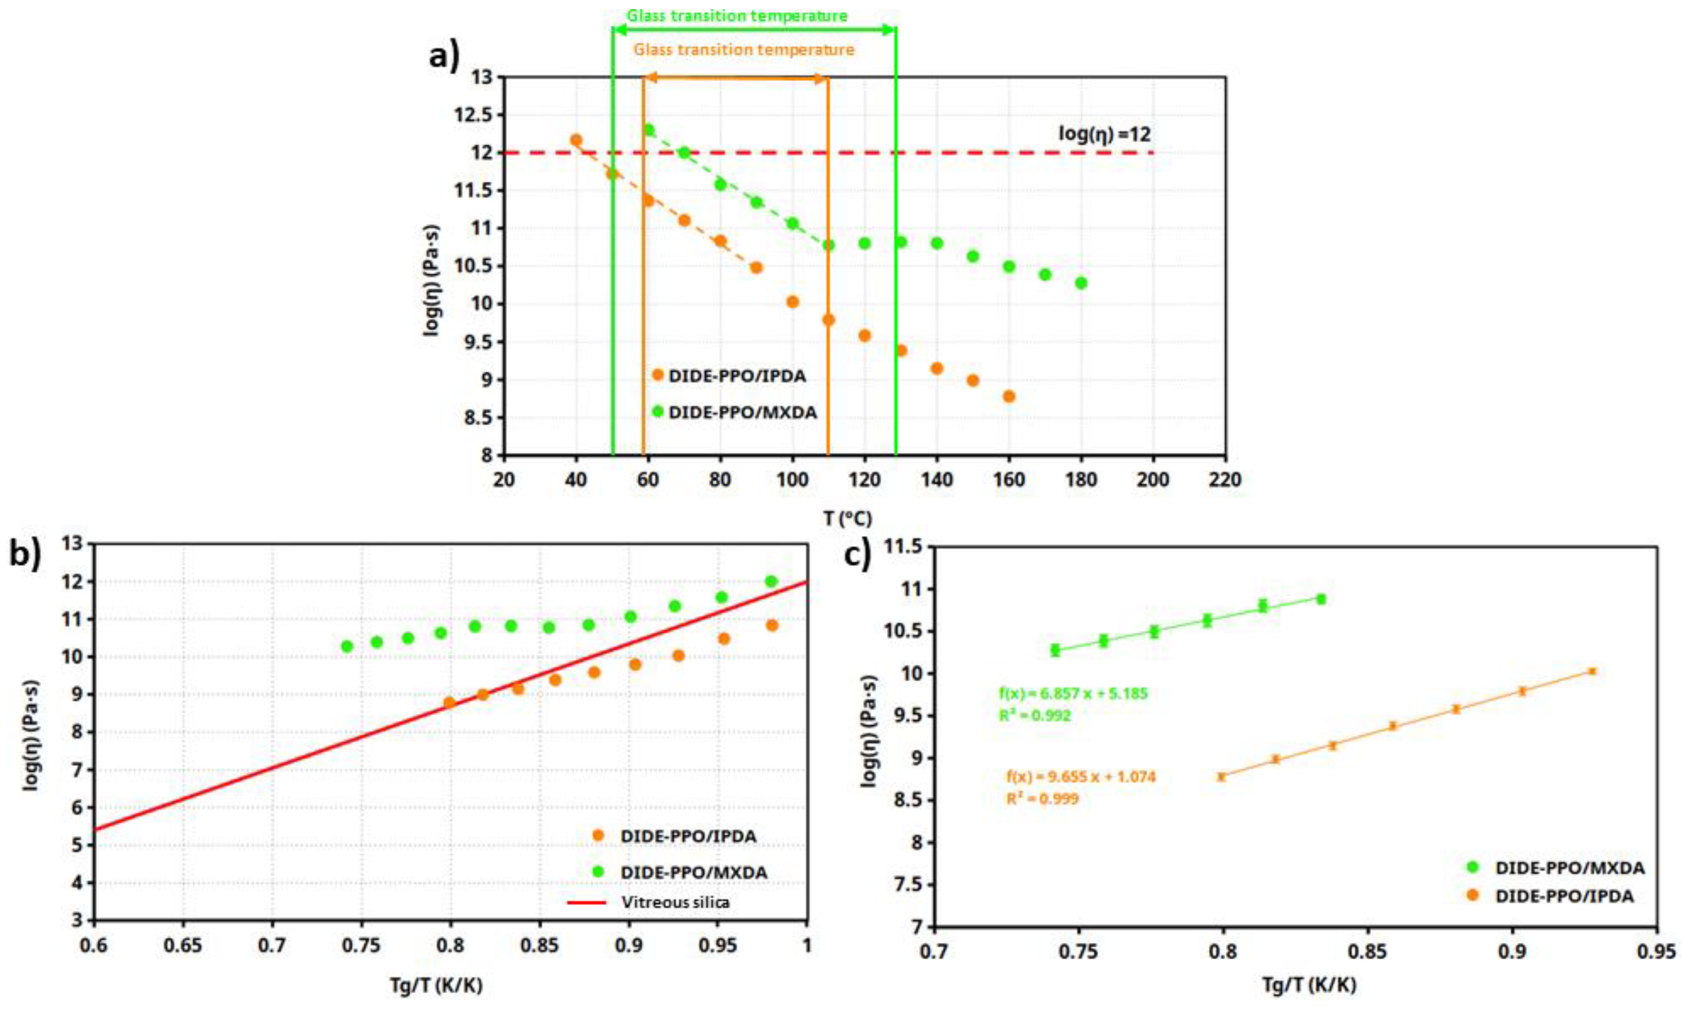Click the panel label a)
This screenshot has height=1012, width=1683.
click(444, 55)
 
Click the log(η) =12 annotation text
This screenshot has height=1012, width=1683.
click(1104, 134)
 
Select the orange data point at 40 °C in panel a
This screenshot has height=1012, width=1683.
click(576, 140)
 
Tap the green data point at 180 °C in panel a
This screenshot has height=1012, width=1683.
click(1081, 283)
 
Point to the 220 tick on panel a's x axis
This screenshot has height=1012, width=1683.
click(1225, 480)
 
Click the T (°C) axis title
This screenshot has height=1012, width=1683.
click(847, 520)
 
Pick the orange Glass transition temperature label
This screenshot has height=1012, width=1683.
click(743, 50)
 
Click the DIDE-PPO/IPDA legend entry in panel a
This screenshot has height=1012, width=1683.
click(736, 376)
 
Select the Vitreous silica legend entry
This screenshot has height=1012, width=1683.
click(675, 902)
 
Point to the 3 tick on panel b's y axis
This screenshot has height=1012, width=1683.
click(76, 920)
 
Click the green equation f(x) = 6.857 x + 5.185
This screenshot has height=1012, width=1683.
click(1073, 694)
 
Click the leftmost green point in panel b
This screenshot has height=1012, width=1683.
click(347, 646)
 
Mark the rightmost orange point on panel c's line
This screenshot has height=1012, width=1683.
click(1592, 672)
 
